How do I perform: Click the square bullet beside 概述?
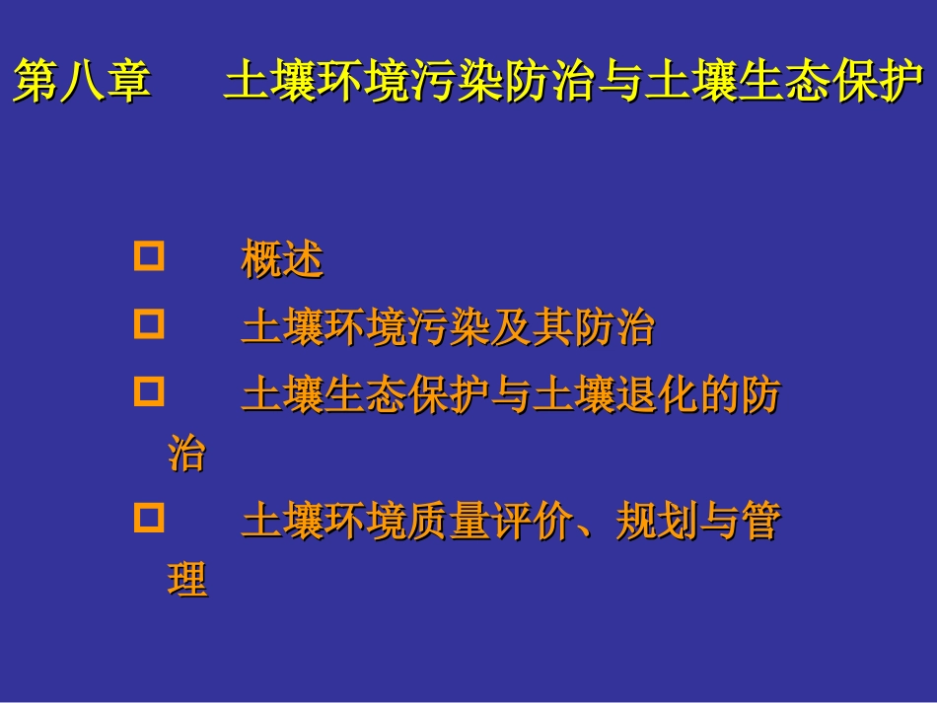click(x=148, y=258)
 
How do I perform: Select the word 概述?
click(x=282, y=260)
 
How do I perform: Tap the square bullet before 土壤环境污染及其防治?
click(x=148, y=324)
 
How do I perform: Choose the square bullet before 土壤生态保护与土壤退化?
click(x=148, y=393)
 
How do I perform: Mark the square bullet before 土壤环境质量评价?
click(x=148, y=518)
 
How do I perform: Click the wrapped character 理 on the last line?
click(x=187, y=580)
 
